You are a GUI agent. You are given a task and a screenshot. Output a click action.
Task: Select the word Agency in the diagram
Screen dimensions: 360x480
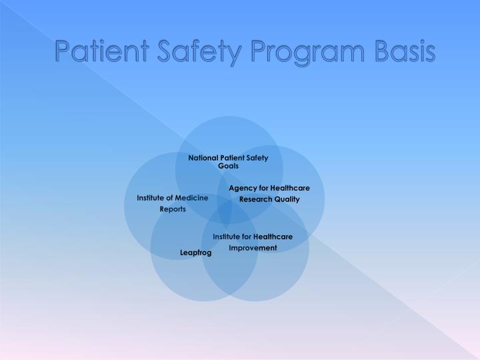point(243,188)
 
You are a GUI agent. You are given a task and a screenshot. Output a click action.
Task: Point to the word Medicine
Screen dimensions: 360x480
point(192,198)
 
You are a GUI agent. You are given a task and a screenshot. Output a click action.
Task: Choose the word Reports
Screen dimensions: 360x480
point(173,209)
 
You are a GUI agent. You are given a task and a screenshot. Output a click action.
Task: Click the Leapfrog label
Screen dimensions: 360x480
point(195,253)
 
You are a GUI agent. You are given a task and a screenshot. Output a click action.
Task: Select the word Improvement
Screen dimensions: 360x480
point(253,247)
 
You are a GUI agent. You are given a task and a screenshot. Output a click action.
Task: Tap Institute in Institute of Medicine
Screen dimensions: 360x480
point(151,198)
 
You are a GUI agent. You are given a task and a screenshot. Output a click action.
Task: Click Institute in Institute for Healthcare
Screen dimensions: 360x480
point(227,237)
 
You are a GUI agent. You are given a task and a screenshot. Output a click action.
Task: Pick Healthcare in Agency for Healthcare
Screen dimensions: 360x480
point(289,188)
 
